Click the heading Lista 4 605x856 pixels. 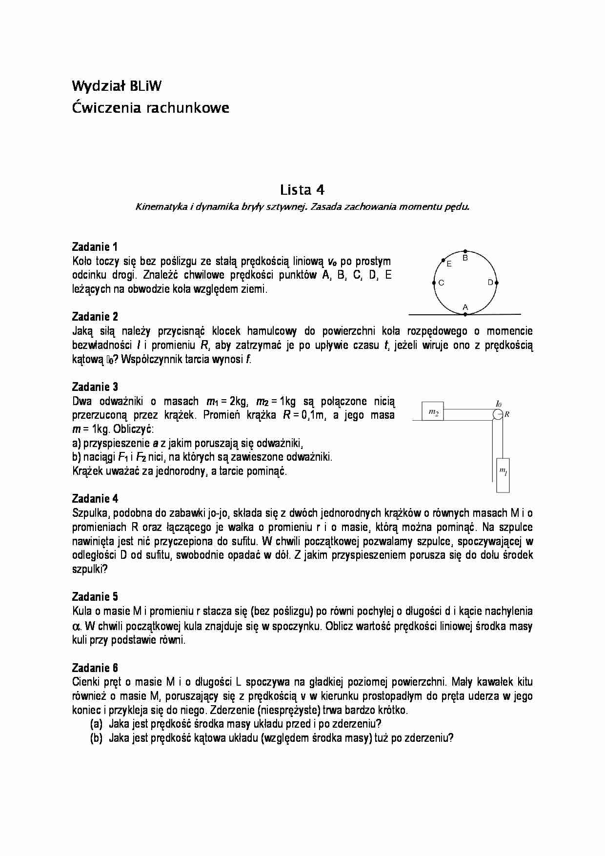coord(302,189)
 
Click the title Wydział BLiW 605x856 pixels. coord(117,86)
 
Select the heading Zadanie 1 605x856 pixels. coord(95,246)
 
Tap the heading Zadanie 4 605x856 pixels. coord(95,498)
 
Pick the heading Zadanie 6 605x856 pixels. coord(95,668)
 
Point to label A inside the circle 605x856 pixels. coord(465,307)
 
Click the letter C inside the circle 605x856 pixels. coord(442,283)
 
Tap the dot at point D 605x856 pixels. coord(497,283)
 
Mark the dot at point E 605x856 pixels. coord(443,260)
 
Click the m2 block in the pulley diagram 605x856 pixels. coord(433,413)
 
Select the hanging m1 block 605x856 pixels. coord(503,474)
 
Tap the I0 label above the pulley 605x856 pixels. coord(498,404)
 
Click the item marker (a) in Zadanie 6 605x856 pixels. coord(96,724)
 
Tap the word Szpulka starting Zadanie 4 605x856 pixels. coord(89,513)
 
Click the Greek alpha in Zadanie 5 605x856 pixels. coord(76,626)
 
